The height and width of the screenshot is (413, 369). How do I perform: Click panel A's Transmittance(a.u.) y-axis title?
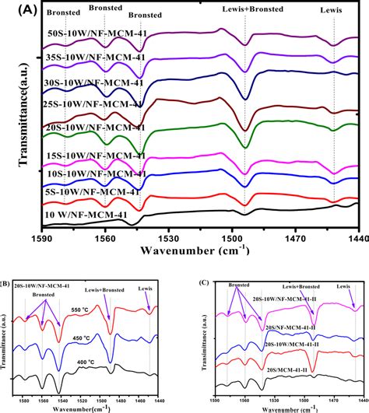[11, 123]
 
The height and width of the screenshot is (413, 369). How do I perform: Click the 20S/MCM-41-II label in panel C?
[284, 359]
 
